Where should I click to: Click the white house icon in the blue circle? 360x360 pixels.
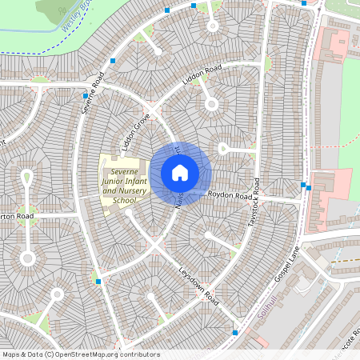(180, 172)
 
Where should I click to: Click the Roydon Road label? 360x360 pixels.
(231, 194)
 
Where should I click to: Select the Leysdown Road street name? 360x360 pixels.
(198, 285)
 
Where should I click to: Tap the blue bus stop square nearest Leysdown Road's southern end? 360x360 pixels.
(234, 332)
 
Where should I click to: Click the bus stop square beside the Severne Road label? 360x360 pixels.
(85, 95)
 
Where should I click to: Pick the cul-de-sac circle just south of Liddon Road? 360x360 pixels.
(210, 104)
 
